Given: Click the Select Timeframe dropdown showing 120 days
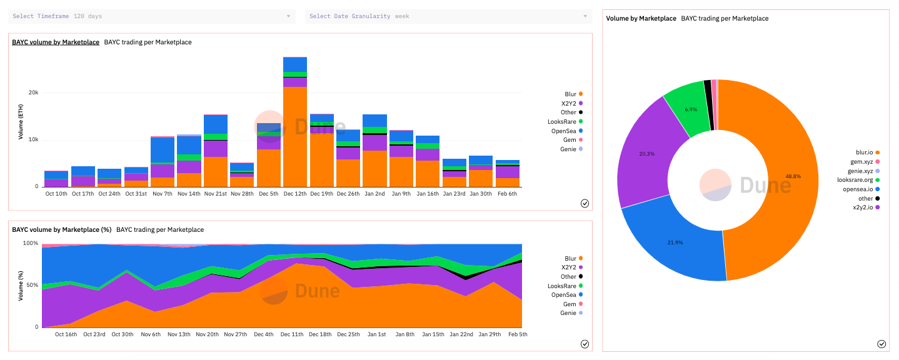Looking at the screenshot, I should (x=152, y=16).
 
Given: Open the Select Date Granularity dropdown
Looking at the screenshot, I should (x=448, y=16).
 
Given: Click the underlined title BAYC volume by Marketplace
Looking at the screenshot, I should (x=56, y=42).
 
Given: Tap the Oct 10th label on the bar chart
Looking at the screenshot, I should (x=56, y=194).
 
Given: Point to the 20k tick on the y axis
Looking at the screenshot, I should (x=32, y=92).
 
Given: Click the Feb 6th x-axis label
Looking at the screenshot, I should (x=507, y=194).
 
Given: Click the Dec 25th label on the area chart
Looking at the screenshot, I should (x=349, y=334).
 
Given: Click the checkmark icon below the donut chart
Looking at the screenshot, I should (x=881, y=344).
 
